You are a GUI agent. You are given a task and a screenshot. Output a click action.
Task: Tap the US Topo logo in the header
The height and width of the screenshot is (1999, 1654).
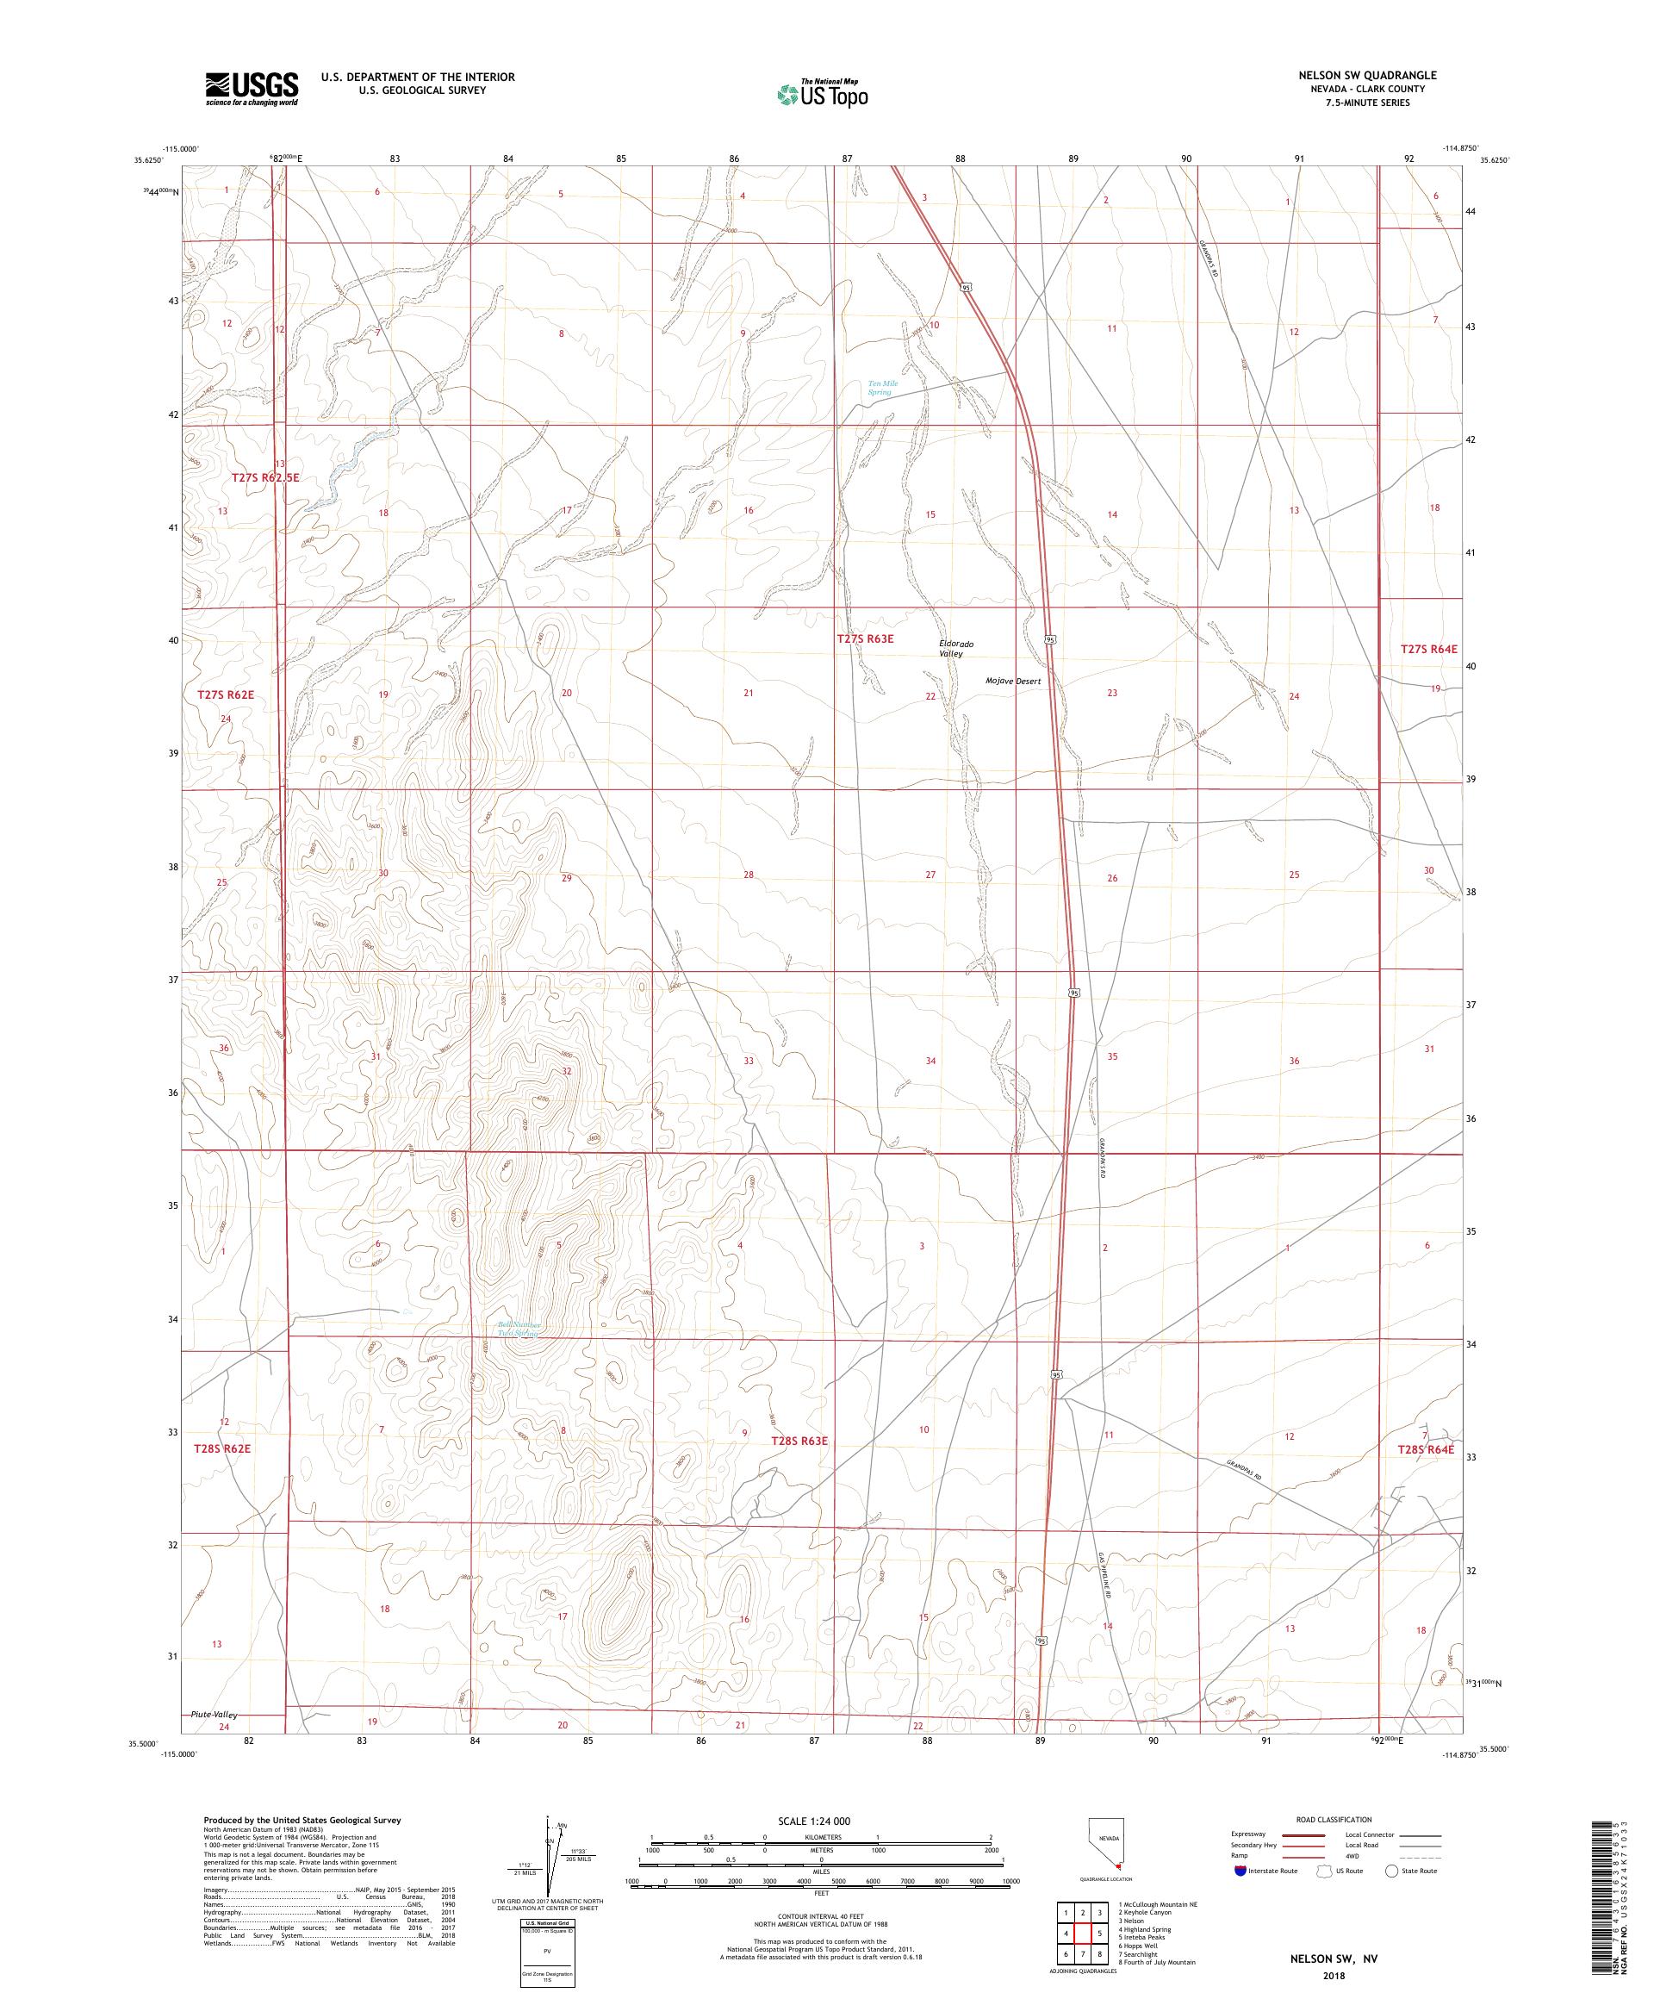pos(824,92)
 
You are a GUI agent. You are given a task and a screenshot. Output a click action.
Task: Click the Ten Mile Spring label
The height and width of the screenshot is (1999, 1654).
pos(882,388)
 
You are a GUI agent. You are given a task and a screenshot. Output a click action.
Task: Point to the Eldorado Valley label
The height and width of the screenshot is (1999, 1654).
pos(956,648)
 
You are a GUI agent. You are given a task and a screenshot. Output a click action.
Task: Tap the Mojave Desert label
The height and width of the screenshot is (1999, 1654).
pos(1012,682)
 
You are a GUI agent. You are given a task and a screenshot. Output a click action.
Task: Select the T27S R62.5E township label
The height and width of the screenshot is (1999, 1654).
pos(265,478)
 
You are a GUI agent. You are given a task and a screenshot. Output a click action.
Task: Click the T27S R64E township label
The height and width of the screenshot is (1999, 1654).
pos(1428,648)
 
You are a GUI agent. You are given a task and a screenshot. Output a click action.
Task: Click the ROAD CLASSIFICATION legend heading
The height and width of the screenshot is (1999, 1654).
pos(1336,1819)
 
